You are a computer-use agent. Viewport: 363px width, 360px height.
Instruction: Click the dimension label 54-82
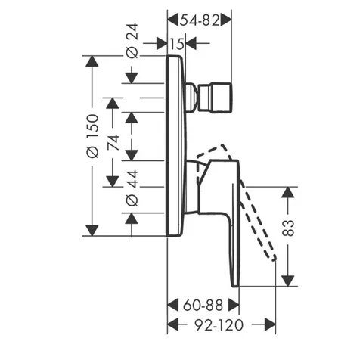200,20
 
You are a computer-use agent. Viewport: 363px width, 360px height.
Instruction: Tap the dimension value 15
177,44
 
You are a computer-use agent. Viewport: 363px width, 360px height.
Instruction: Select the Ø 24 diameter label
132,41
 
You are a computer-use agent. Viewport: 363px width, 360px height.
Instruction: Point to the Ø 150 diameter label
92,136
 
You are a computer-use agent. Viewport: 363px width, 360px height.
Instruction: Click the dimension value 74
113,143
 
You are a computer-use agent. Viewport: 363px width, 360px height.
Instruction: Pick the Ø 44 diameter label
132,188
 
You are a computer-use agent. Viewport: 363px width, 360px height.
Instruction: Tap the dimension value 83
288,228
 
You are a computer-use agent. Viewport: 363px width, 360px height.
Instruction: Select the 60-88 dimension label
203,306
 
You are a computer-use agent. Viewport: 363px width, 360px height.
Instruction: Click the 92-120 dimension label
219,324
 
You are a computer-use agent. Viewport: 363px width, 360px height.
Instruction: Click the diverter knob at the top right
216,98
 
